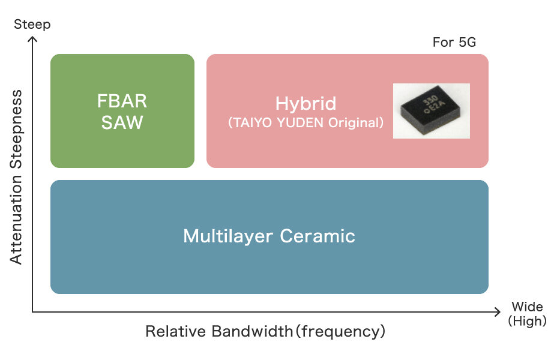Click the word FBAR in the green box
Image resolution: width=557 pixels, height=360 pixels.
pos(122,101)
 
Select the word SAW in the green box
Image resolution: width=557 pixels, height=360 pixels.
pos(122,122)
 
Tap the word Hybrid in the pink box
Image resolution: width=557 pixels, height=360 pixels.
pos(306,104)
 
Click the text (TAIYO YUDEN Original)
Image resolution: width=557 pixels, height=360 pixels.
pos(306,123)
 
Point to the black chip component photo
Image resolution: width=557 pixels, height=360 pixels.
pos(431,110)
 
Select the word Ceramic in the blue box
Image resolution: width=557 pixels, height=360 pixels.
pos(318,236)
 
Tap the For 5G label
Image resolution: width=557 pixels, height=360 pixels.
pos(454,43)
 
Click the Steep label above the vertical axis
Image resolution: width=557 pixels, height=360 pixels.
pos(32,25)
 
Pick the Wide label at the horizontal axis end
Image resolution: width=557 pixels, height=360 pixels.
pos(527,308)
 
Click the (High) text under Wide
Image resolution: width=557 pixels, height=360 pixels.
pos(527,321)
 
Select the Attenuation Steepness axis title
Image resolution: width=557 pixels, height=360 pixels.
pos(16,177)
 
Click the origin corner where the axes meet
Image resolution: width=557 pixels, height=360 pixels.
pos(33,311)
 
